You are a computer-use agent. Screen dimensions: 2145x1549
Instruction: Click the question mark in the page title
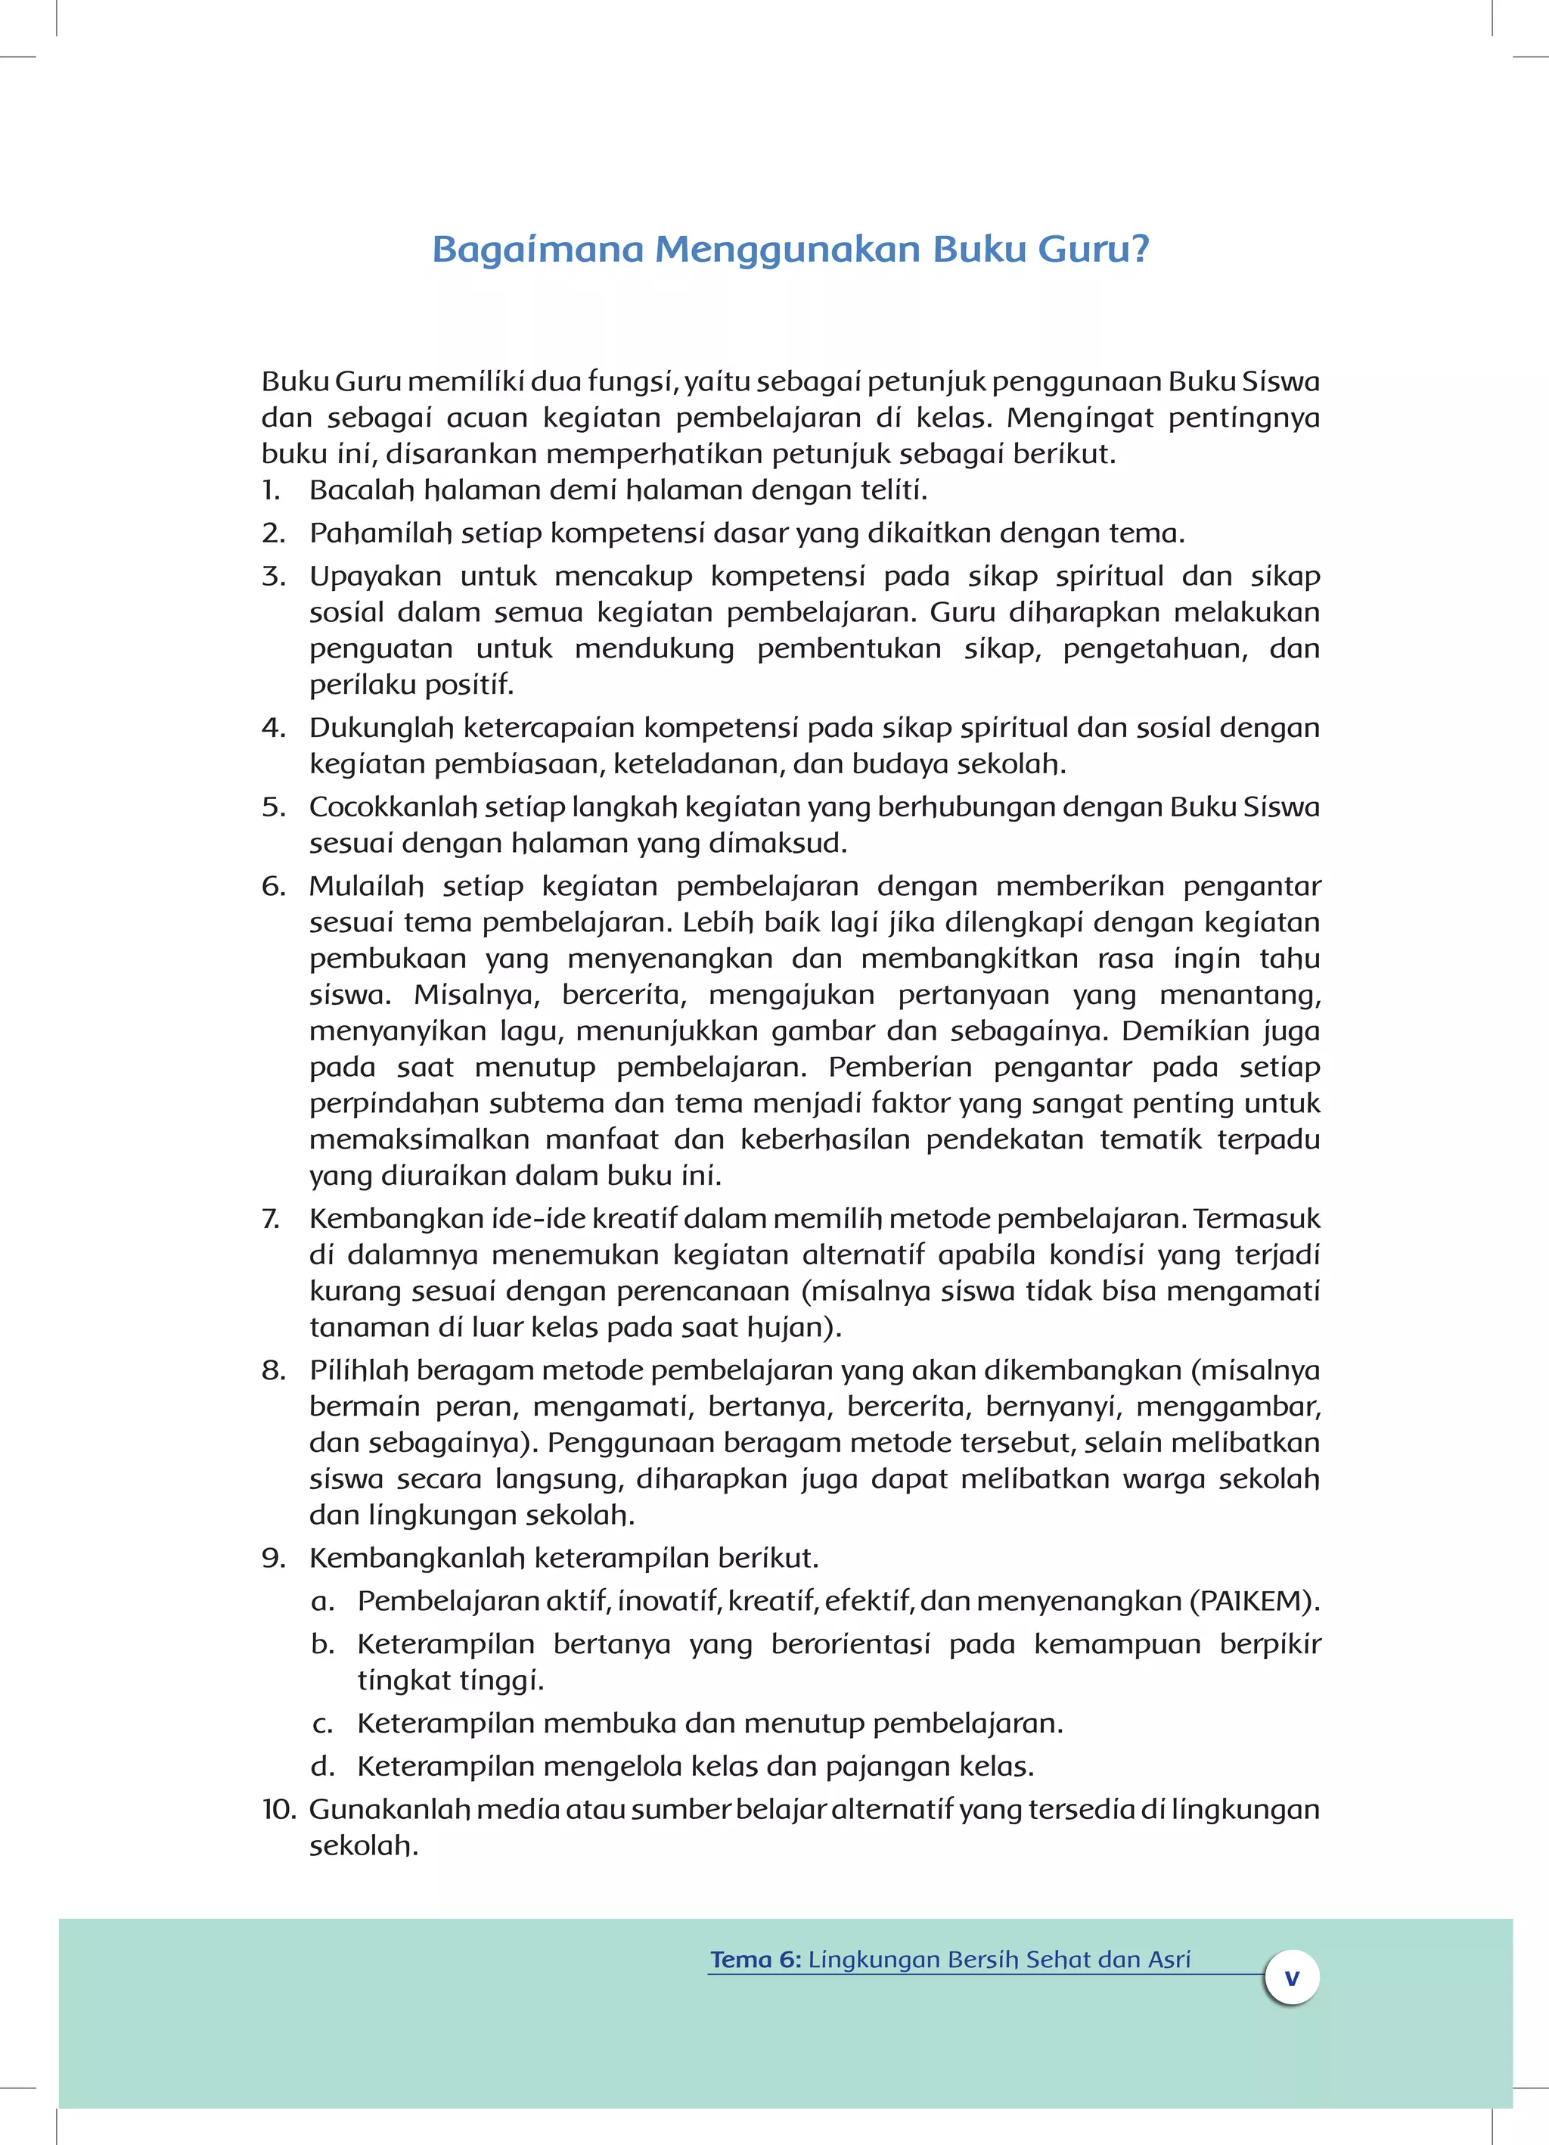1140,249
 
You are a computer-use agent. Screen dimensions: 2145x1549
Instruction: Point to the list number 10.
279,1809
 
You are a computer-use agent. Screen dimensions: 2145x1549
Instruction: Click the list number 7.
271,1218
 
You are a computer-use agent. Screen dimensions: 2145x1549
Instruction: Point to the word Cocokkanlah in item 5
393,807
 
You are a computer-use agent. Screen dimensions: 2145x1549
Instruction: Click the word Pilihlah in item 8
359,1370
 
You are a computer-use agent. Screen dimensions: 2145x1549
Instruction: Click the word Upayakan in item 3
374,577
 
